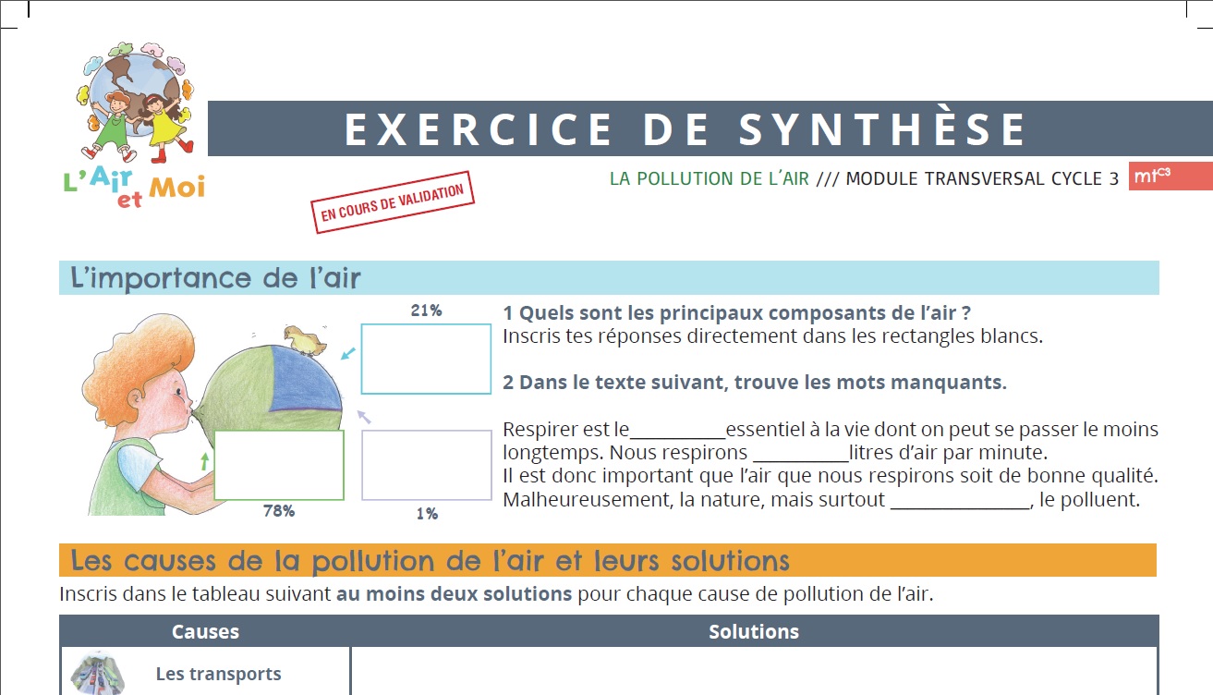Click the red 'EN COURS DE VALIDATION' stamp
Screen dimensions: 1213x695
pos(393,202)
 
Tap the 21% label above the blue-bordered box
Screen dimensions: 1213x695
pos(426,311)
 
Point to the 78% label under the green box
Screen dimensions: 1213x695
pos(279,511)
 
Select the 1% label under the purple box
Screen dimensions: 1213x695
pos(427,514)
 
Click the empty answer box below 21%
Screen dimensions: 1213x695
pos(426,359)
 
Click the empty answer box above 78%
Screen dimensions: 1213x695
pos(279,465)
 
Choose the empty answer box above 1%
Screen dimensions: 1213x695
pos(427,465)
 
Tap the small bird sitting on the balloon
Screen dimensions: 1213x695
pos(305,340)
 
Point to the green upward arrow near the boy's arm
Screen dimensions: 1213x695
pos(205,461)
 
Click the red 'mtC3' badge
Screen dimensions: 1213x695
pos(1171,176)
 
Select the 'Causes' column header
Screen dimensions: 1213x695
pos(205,631)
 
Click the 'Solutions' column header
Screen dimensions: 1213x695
pos(754,631)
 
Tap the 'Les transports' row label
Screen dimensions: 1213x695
pos(218,674)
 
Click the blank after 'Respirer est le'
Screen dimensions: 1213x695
pos(677,436)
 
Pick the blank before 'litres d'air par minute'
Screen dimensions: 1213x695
pos(801,460)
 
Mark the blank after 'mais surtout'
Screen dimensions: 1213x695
pos(960,507)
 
